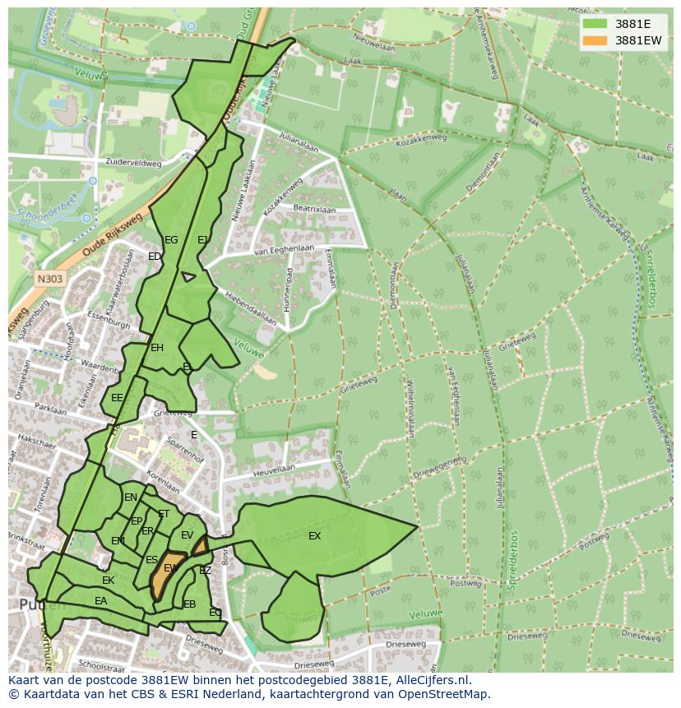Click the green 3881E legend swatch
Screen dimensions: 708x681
[594, 24]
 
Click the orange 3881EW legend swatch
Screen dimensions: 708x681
[594, 40]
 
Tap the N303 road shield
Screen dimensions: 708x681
[50, 279]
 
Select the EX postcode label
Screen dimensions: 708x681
[314, 536]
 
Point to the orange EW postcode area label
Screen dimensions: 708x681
[171, 568]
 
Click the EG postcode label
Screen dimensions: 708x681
[171, 240]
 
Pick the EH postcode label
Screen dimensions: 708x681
[157, 348]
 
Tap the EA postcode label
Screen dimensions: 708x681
[100, 601]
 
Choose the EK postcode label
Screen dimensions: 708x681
[108, 581]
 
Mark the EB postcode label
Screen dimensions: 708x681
[190, 604]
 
